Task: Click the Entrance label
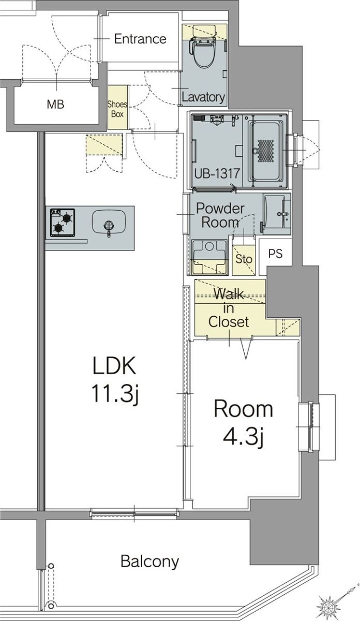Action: [140, 39]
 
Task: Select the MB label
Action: [55, 105]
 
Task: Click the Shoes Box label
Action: [117, 109]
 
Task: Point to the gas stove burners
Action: [63, 223]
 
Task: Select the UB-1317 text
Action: [217, 173]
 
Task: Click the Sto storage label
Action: [244, 258]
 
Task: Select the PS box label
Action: [275, 254]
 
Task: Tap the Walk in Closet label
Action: [229, 308]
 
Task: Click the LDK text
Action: [114, 366]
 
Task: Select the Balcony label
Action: [149, 561]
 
